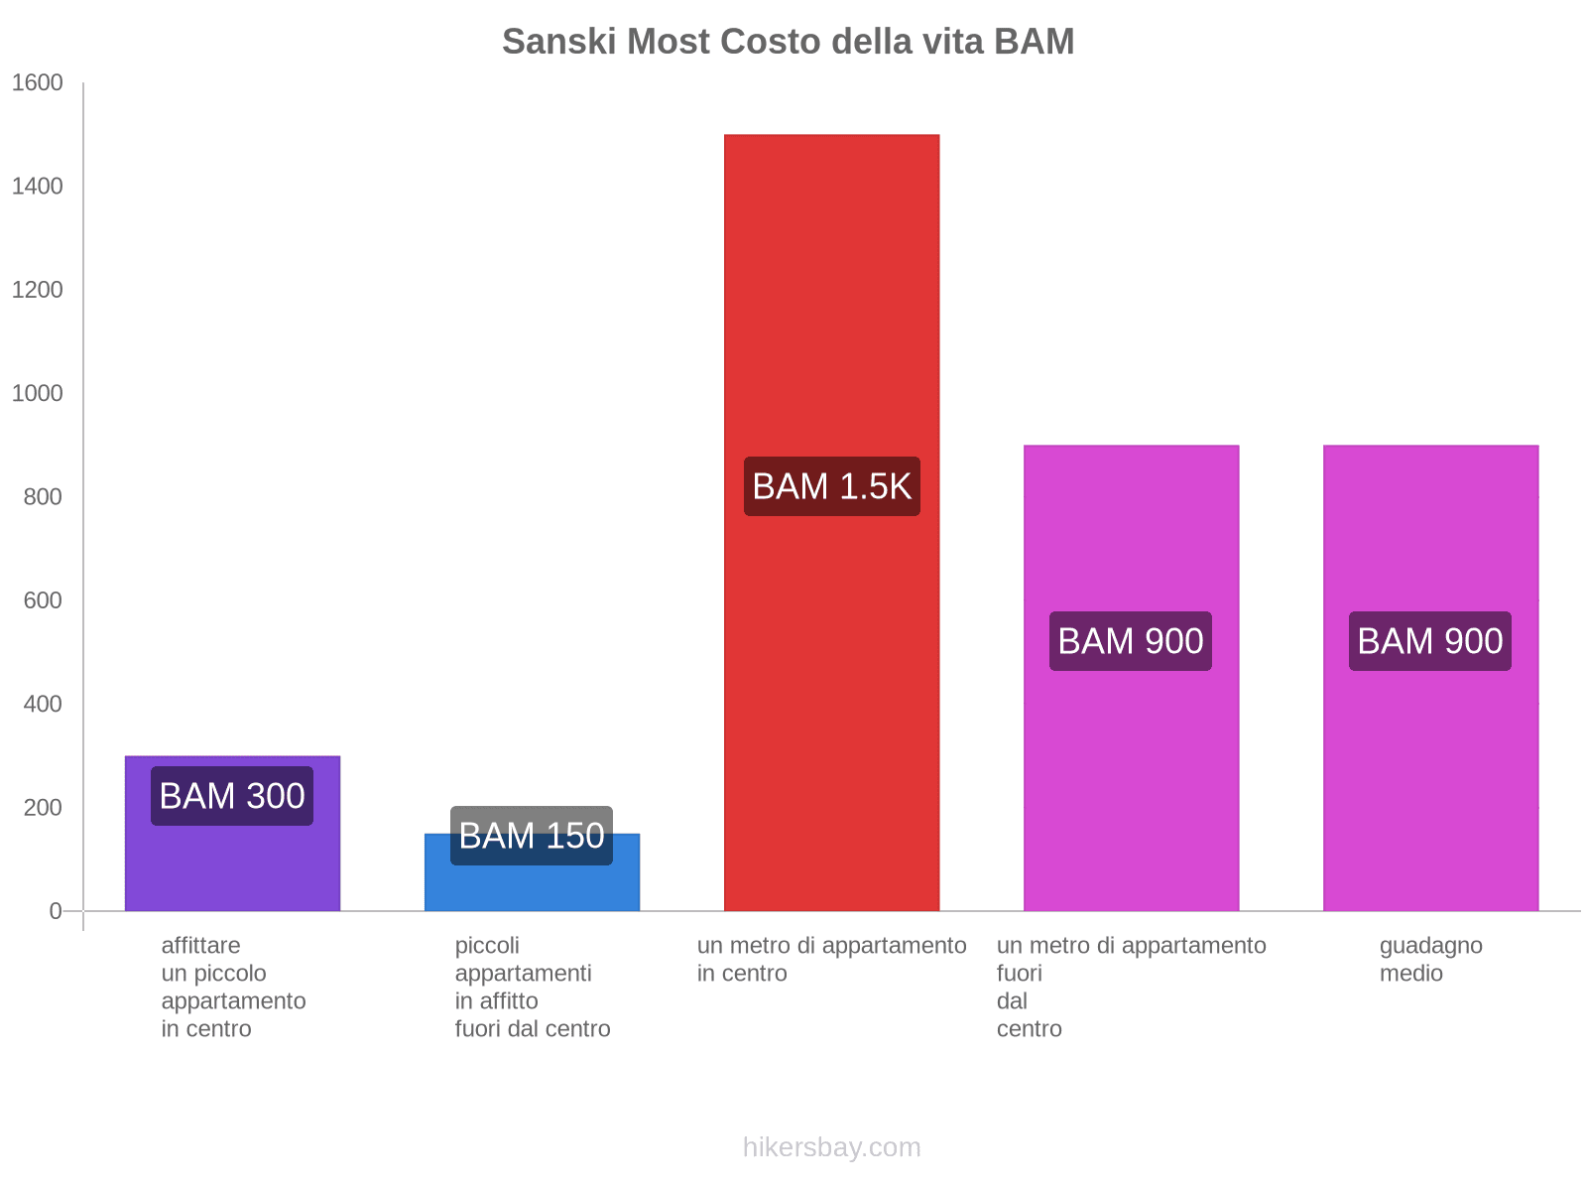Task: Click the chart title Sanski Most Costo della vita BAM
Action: click(788, 42)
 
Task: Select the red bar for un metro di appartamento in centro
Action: click(831, 298)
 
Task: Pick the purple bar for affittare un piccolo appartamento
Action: click(232, 863)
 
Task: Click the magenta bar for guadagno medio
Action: click(1430, 774)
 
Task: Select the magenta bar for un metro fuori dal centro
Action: click(1131, 774)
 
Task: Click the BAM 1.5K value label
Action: click(831, 486)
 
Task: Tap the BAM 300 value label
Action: click(232, 796)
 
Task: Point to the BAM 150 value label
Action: click(532, 836)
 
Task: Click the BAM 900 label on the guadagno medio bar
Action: click(1430, 641)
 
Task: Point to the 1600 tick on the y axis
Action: click(38, 83)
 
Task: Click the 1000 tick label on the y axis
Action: click(38, 394)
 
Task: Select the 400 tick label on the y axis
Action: click(43, 705)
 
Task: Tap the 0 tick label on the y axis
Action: click(56, 911)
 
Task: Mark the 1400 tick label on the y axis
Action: click(38, 187)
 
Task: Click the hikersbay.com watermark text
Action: click(831, 1147)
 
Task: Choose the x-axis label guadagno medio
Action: click(1430, 959)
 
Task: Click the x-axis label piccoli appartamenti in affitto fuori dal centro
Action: click(532, 987)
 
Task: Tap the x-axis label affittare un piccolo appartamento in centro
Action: click(233, 987)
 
